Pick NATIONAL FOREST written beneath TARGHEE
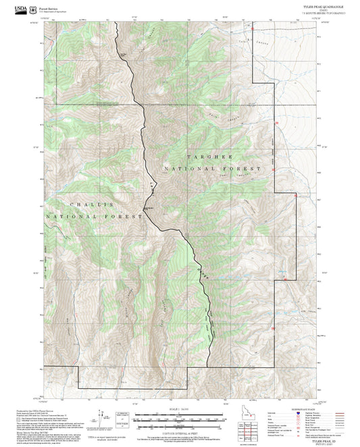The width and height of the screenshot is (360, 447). click(x=211, y=167)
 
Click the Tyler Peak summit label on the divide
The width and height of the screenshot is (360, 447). click(x=150, y=209)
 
